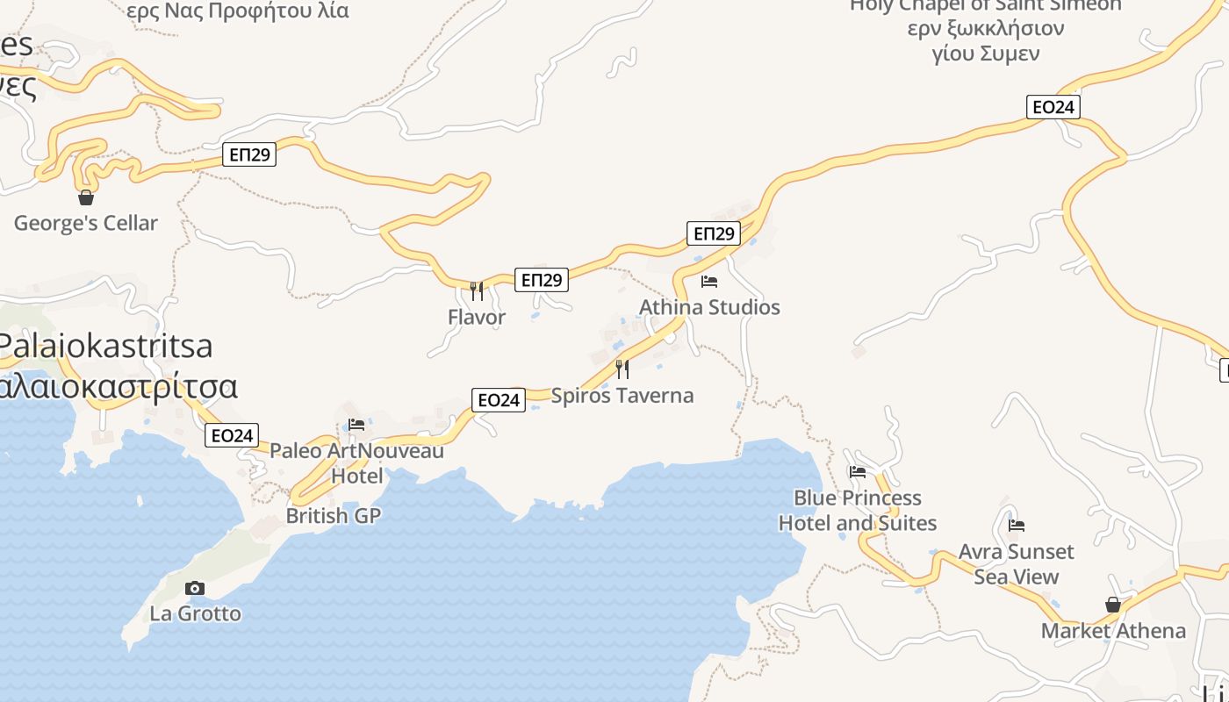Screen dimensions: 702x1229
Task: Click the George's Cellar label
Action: click(86, 223)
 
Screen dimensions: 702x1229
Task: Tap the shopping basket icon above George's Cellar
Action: click(86, 197)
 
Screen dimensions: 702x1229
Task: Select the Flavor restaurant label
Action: click(477, 317)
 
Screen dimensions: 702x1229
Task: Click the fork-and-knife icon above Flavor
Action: click(477, 290)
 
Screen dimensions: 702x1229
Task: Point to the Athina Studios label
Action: click(709, 307)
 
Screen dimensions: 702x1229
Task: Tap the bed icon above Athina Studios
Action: click(709, 282)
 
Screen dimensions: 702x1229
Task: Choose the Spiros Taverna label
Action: click(622, 395)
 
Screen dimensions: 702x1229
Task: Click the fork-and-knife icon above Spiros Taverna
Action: click(622, 369)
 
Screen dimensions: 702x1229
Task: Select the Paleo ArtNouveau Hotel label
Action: click(356, 462)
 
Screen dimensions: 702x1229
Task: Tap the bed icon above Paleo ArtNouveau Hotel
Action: click(356, 425)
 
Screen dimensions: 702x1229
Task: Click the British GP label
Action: click(334, 515)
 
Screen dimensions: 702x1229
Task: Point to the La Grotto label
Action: click(195, 612)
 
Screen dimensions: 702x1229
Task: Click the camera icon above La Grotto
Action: click(195, 588)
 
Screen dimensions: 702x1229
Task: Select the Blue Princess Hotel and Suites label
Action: click(858, 510)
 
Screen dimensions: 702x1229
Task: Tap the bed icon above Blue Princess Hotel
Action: click(858, 472)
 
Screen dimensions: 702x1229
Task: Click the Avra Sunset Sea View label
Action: click(1017, 563)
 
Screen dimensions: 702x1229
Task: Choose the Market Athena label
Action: click(1113, 630)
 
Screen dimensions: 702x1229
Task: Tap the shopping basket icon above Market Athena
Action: click(1113, 605)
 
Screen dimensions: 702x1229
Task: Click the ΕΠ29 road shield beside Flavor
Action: click(541, 280)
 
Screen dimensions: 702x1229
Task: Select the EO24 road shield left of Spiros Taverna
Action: click(498, 400)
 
